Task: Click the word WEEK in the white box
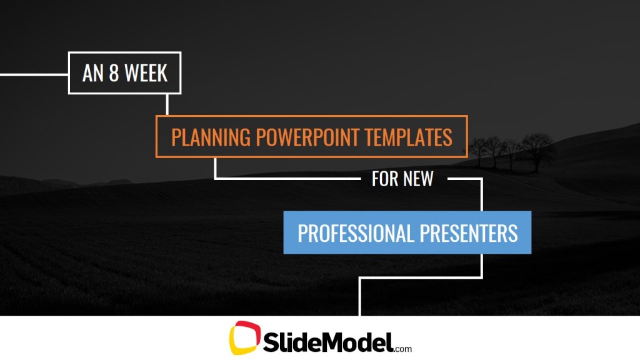click(x=146, y=73)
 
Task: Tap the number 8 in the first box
click(x=114, y=73)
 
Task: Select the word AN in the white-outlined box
click(x=92, y=73)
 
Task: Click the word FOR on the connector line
click(x=384, y=179)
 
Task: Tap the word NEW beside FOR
click(x=418, y=179)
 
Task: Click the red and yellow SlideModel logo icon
click(x=244, y=338)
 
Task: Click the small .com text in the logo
click(x=403, y=348)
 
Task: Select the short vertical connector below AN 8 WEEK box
click(x=167, y=104)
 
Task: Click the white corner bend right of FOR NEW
click(x=482, y=179)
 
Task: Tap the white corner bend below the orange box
click(x=216, y=179)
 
